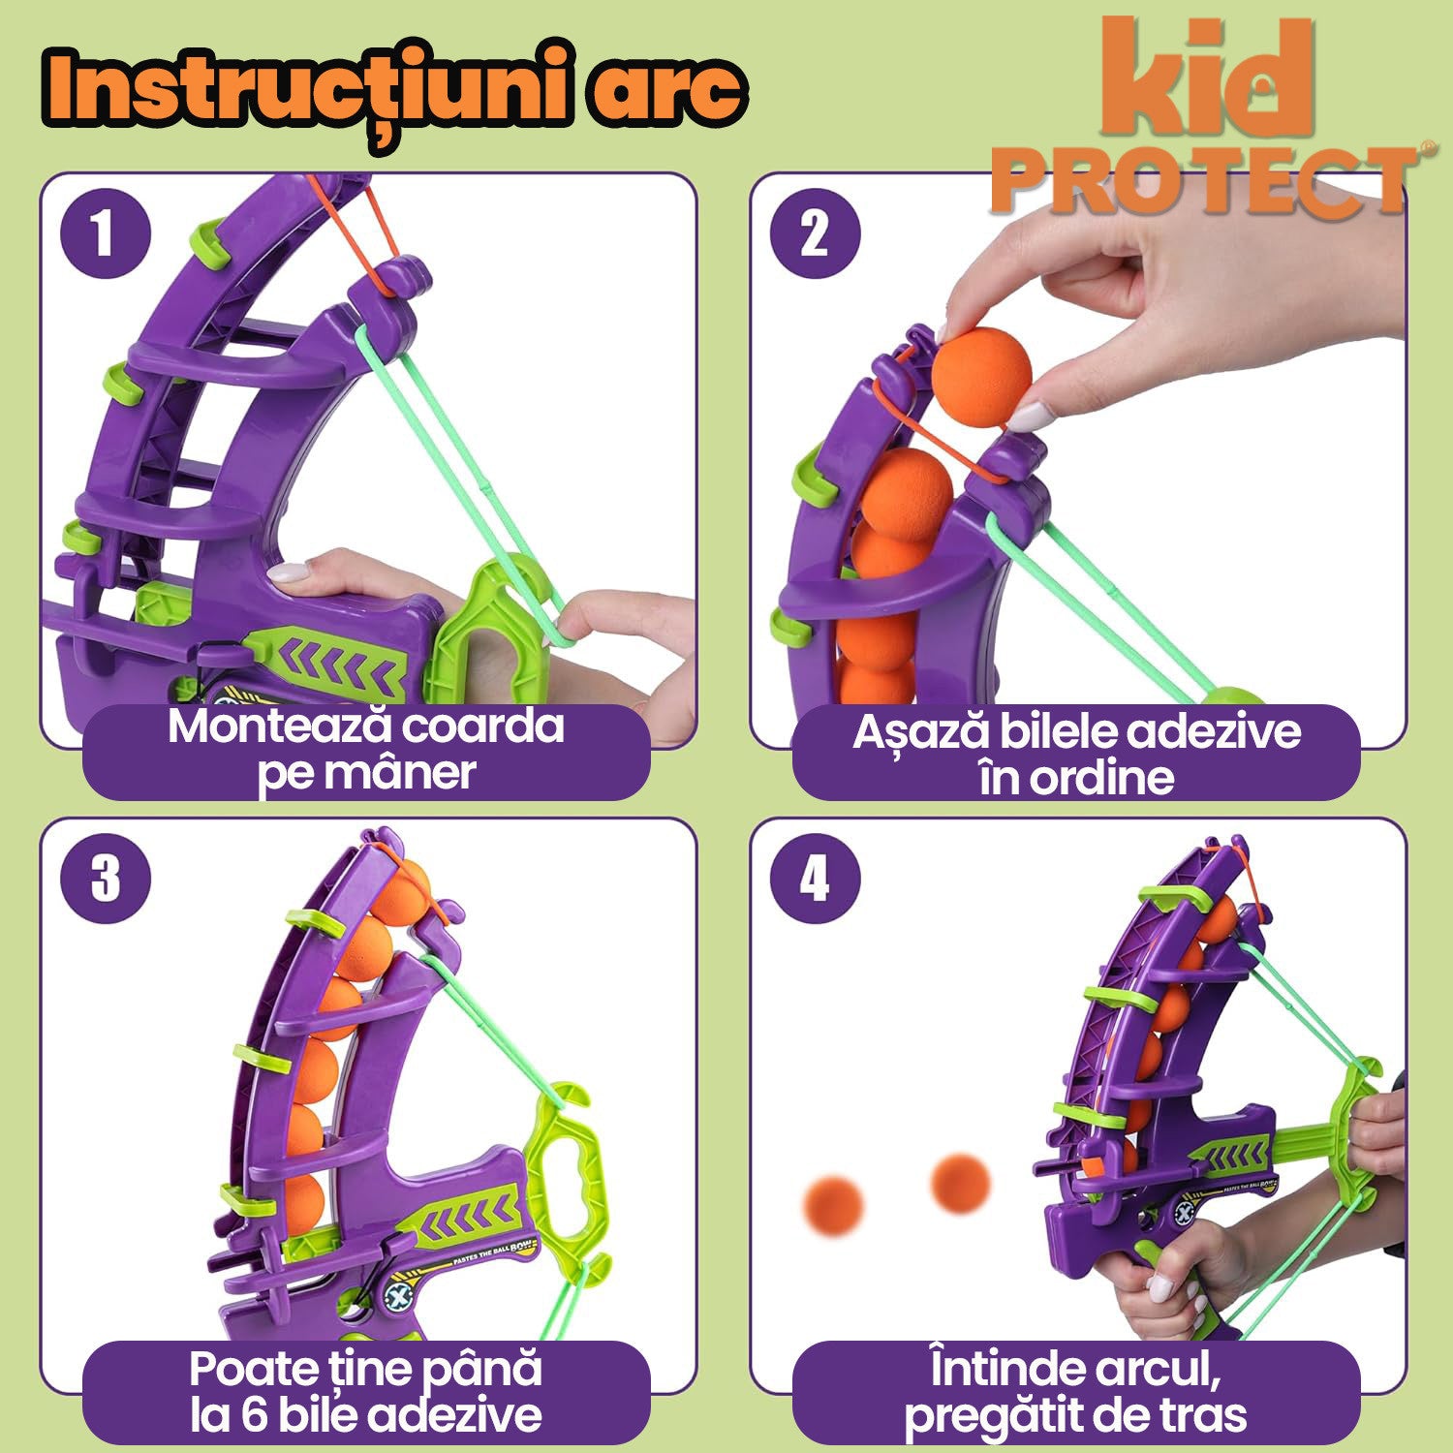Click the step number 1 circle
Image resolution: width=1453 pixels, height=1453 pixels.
(x=105, y=234)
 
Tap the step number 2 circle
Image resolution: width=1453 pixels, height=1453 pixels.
(x=815, y=234)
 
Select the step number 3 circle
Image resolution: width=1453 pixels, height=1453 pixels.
(x=105, y=879)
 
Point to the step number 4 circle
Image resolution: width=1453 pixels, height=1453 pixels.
(x=815, y=879)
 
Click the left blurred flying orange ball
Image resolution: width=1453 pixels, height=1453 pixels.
(x=833, y=1206)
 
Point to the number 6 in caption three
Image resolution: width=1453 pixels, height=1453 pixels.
(x=253, y=1415)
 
